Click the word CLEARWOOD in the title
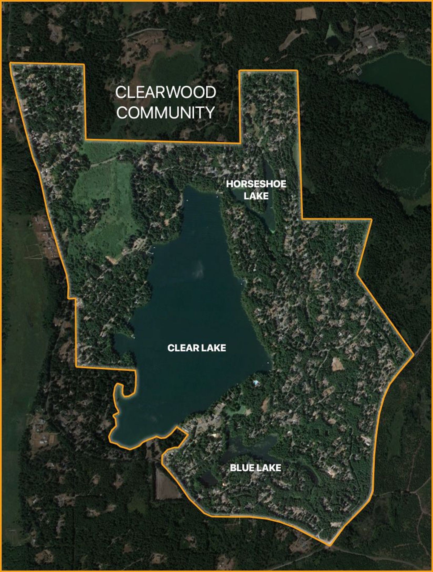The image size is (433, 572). pyautogui.click(x=166, y=93)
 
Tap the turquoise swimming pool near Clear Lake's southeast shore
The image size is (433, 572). pyautogui.click(x=255, y=382)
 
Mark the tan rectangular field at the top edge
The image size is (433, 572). pyautogui.click(x=306, y=14)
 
